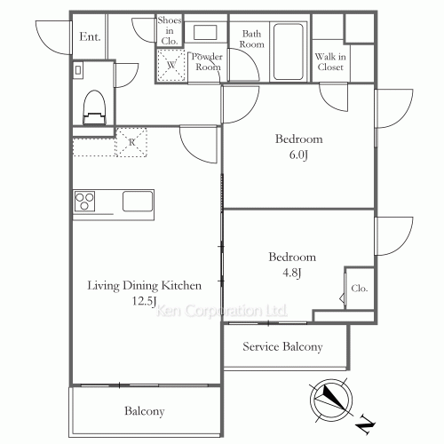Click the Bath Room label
click(251, 38)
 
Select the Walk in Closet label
click(329, 61)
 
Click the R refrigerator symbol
click(132, 142)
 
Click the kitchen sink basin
click(139, 200)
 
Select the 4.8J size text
click(292, 272)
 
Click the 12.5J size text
click(145, 300)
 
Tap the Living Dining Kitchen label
click(145, 286)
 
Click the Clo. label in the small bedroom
click(359, 289)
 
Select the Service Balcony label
click(282, 347)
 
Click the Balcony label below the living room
click(144, 411)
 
